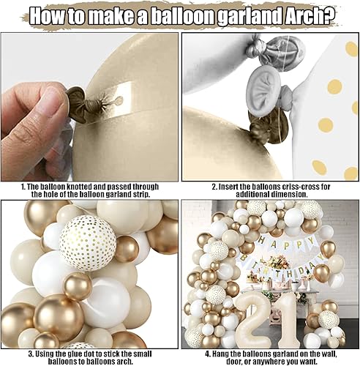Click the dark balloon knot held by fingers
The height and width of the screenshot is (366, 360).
click(x=75, y=97)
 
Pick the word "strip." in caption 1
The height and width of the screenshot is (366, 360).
click(x=151, y=195)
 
